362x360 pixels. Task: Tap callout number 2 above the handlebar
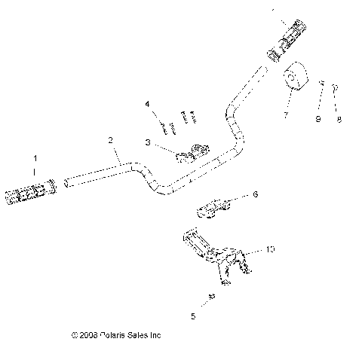click(x=110, y=140)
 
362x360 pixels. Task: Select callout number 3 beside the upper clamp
click(x=148, y=141)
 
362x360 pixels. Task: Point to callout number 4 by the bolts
click(x=148, y=103)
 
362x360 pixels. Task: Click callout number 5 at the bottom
click(x=192, y=316)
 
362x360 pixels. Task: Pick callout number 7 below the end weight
click(x=285, y=115)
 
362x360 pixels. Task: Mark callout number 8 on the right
click(x=339, y=118)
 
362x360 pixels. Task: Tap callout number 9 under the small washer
click(x=318, y=118)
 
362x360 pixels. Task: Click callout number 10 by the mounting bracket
click(x=270, y=249)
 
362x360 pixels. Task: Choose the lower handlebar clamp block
click(x=215, y=206)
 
